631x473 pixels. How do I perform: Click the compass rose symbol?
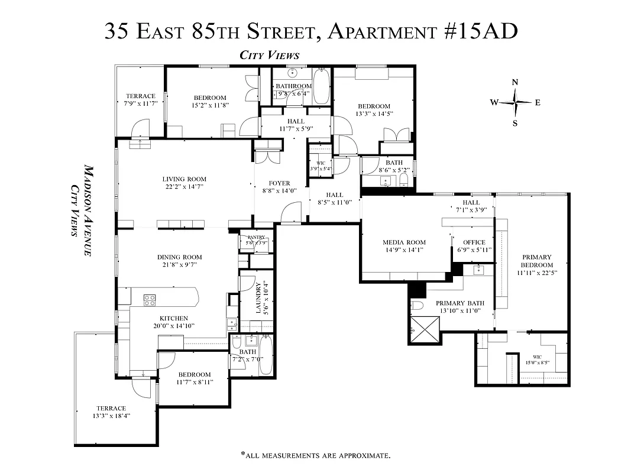[x=515, y=102]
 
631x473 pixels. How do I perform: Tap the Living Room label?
[x=185, y=179]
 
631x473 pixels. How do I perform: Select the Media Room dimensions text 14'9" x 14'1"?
[x=405, y=250]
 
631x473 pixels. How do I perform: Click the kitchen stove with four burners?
[x=150, y=300]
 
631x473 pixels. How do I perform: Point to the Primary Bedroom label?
[x=536, y=257]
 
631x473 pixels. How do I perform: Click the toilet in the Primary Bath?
[x=416, y=306]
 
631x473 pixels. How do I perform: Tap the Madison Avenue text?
[x=88, y=210]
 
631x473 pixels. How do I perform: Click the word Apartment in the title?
[x=390, y=30]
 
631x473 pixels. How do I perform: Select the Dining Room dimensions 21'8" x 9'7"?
[x=179, y=265]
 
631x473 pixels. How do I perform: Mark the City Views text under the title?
[x=269, y=55]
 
